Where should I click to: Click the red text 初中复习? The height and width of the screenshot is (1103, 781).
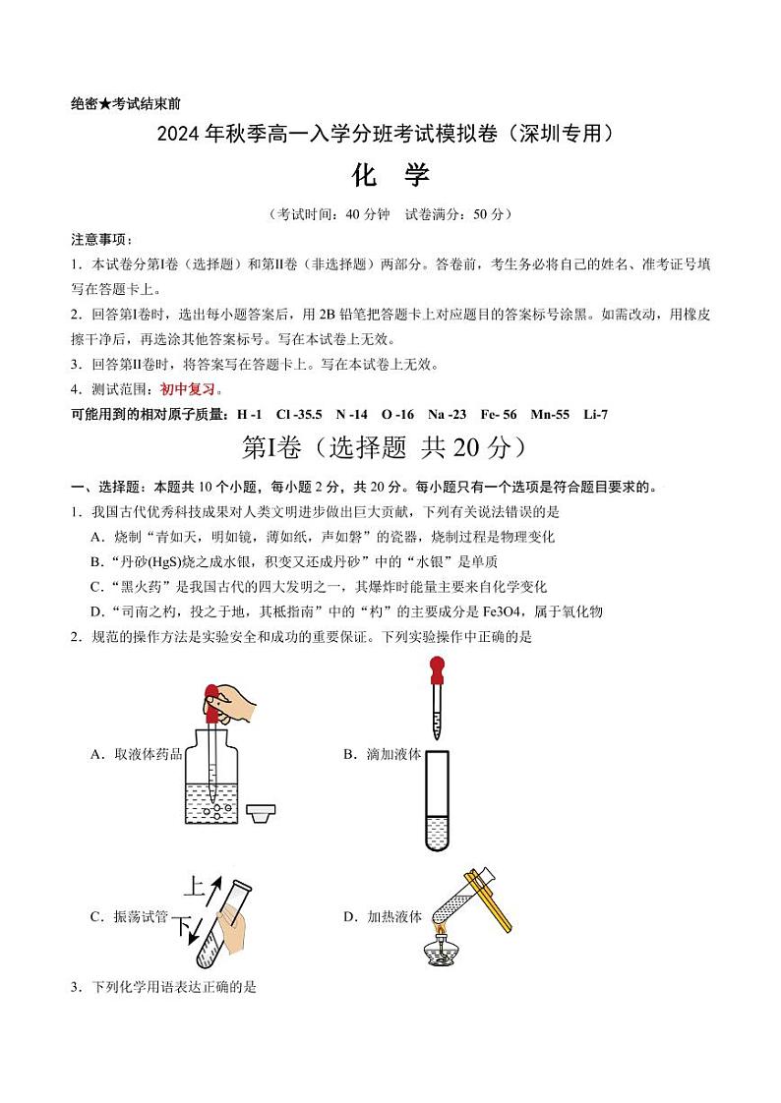tap(186, 389)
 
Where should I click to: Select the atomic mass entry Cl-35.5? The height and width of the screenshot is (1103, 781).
tap(299, 414)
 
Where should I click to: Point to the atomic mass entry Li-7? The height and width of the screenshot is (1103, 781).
tap(595, 414)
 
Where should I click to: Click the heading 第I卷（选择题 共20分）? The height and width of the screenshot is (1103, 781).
tap(390, 448)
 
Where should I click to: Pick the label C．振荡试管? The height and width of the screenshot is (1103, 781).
tap(128, 916)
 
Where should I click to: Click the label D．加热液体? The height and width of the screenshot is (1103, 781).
tap(382, 916)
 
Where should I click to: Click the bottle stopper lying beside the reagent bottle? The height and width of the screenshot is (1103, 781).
tap(260, 814)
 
